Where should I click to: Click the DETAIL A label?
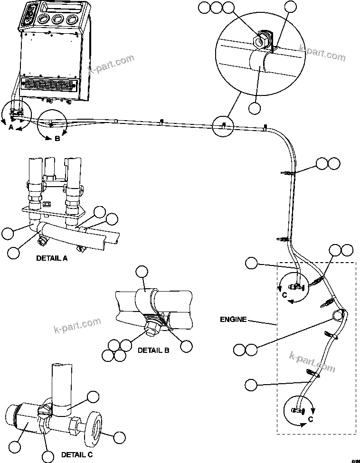point(52,259)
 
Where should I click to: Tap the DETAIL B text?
point(153,350)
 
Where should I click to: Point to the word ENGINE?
point(233,320)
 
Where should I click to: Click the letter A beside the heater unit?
point(11,127)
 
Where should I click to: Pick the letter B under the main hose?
point(57,139)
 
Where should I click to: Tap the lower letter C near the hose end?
point(311,419)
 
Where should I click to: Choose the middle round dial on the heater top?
point(58,19)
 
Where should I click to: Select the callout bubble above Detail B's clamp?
point(142,272)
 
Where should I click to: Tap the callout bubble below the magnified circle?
point(255,108)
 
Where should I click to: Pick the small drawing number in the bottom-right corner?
point(354,460)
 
